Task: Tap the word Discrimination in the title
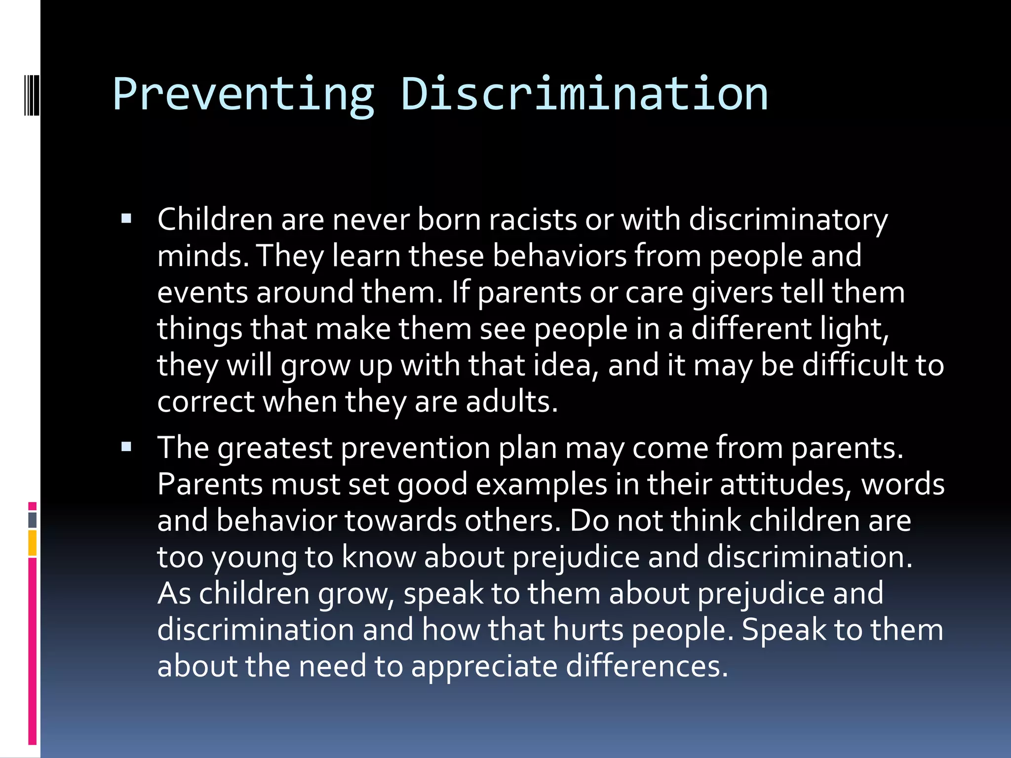[584, 94]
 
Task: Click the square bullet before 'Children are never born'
[126, 219]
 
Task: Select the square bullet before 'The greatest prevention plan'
[126, 447]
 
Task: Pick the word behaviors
[559, 256]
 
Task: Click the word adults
[511, 401]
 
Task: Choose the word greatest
[275, 448]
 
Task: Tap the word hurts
[588, 630]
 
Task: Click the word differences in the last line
[647, 666]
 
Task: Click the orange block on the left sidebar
[33, 543]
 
